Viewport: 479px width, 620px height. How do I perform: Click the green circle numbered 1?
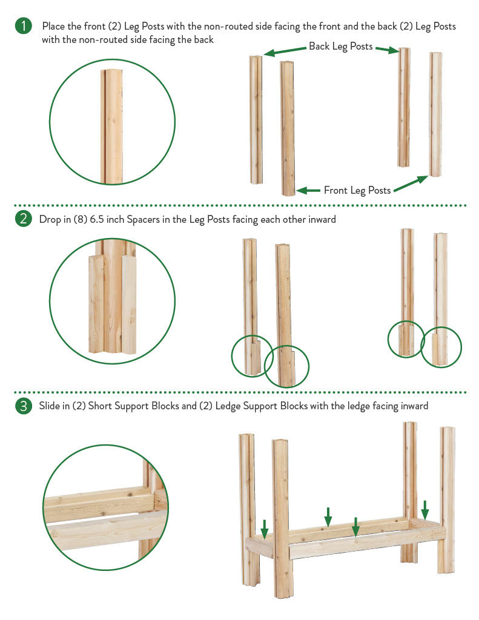point(24,26)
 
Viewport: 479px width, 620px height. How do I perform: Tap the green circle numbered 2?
point(24,219)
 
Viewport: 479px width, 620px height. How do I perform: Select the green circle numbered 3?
point(24,406)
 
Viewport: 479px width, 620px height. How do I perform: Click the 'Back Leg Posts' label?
point(340,47)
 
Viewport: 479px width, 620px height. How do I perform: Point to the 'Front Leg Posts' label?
point(357,191)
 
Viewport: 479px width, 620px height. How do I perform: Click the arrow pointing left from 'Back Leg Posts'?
point(285,51)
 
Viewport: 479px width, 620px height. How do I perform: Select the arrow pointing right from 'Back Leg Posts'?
point(387,50)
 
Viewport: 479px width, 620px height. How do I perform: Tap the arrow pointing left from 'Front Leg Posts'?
point(308,191)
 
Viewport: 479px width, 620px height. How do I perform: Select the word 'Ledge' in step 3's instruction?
point(228,406)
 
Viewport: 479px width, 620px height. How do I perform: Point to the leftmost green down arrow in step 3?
point(265,529)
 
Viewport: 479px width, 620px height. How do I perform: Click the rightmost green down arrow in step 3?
point(425,510)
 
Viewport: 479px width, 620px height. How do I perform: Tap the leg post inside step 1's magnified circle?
point(111,127)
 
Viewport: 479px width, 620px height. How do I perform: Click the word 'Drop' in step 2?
point(49,219)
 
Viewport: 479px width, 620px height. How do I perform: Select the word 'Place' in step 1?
point(53,27)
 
